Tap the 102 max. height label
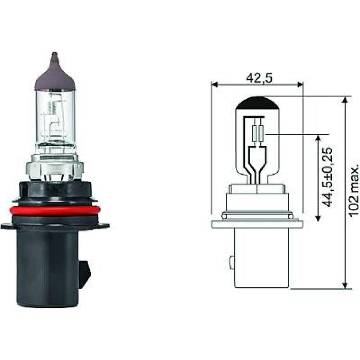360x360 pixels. tap(355, 191)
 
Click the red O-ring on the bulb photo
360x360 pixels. tap(54, 211)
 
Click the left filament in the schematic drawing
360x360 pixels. tap(255, 134)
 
